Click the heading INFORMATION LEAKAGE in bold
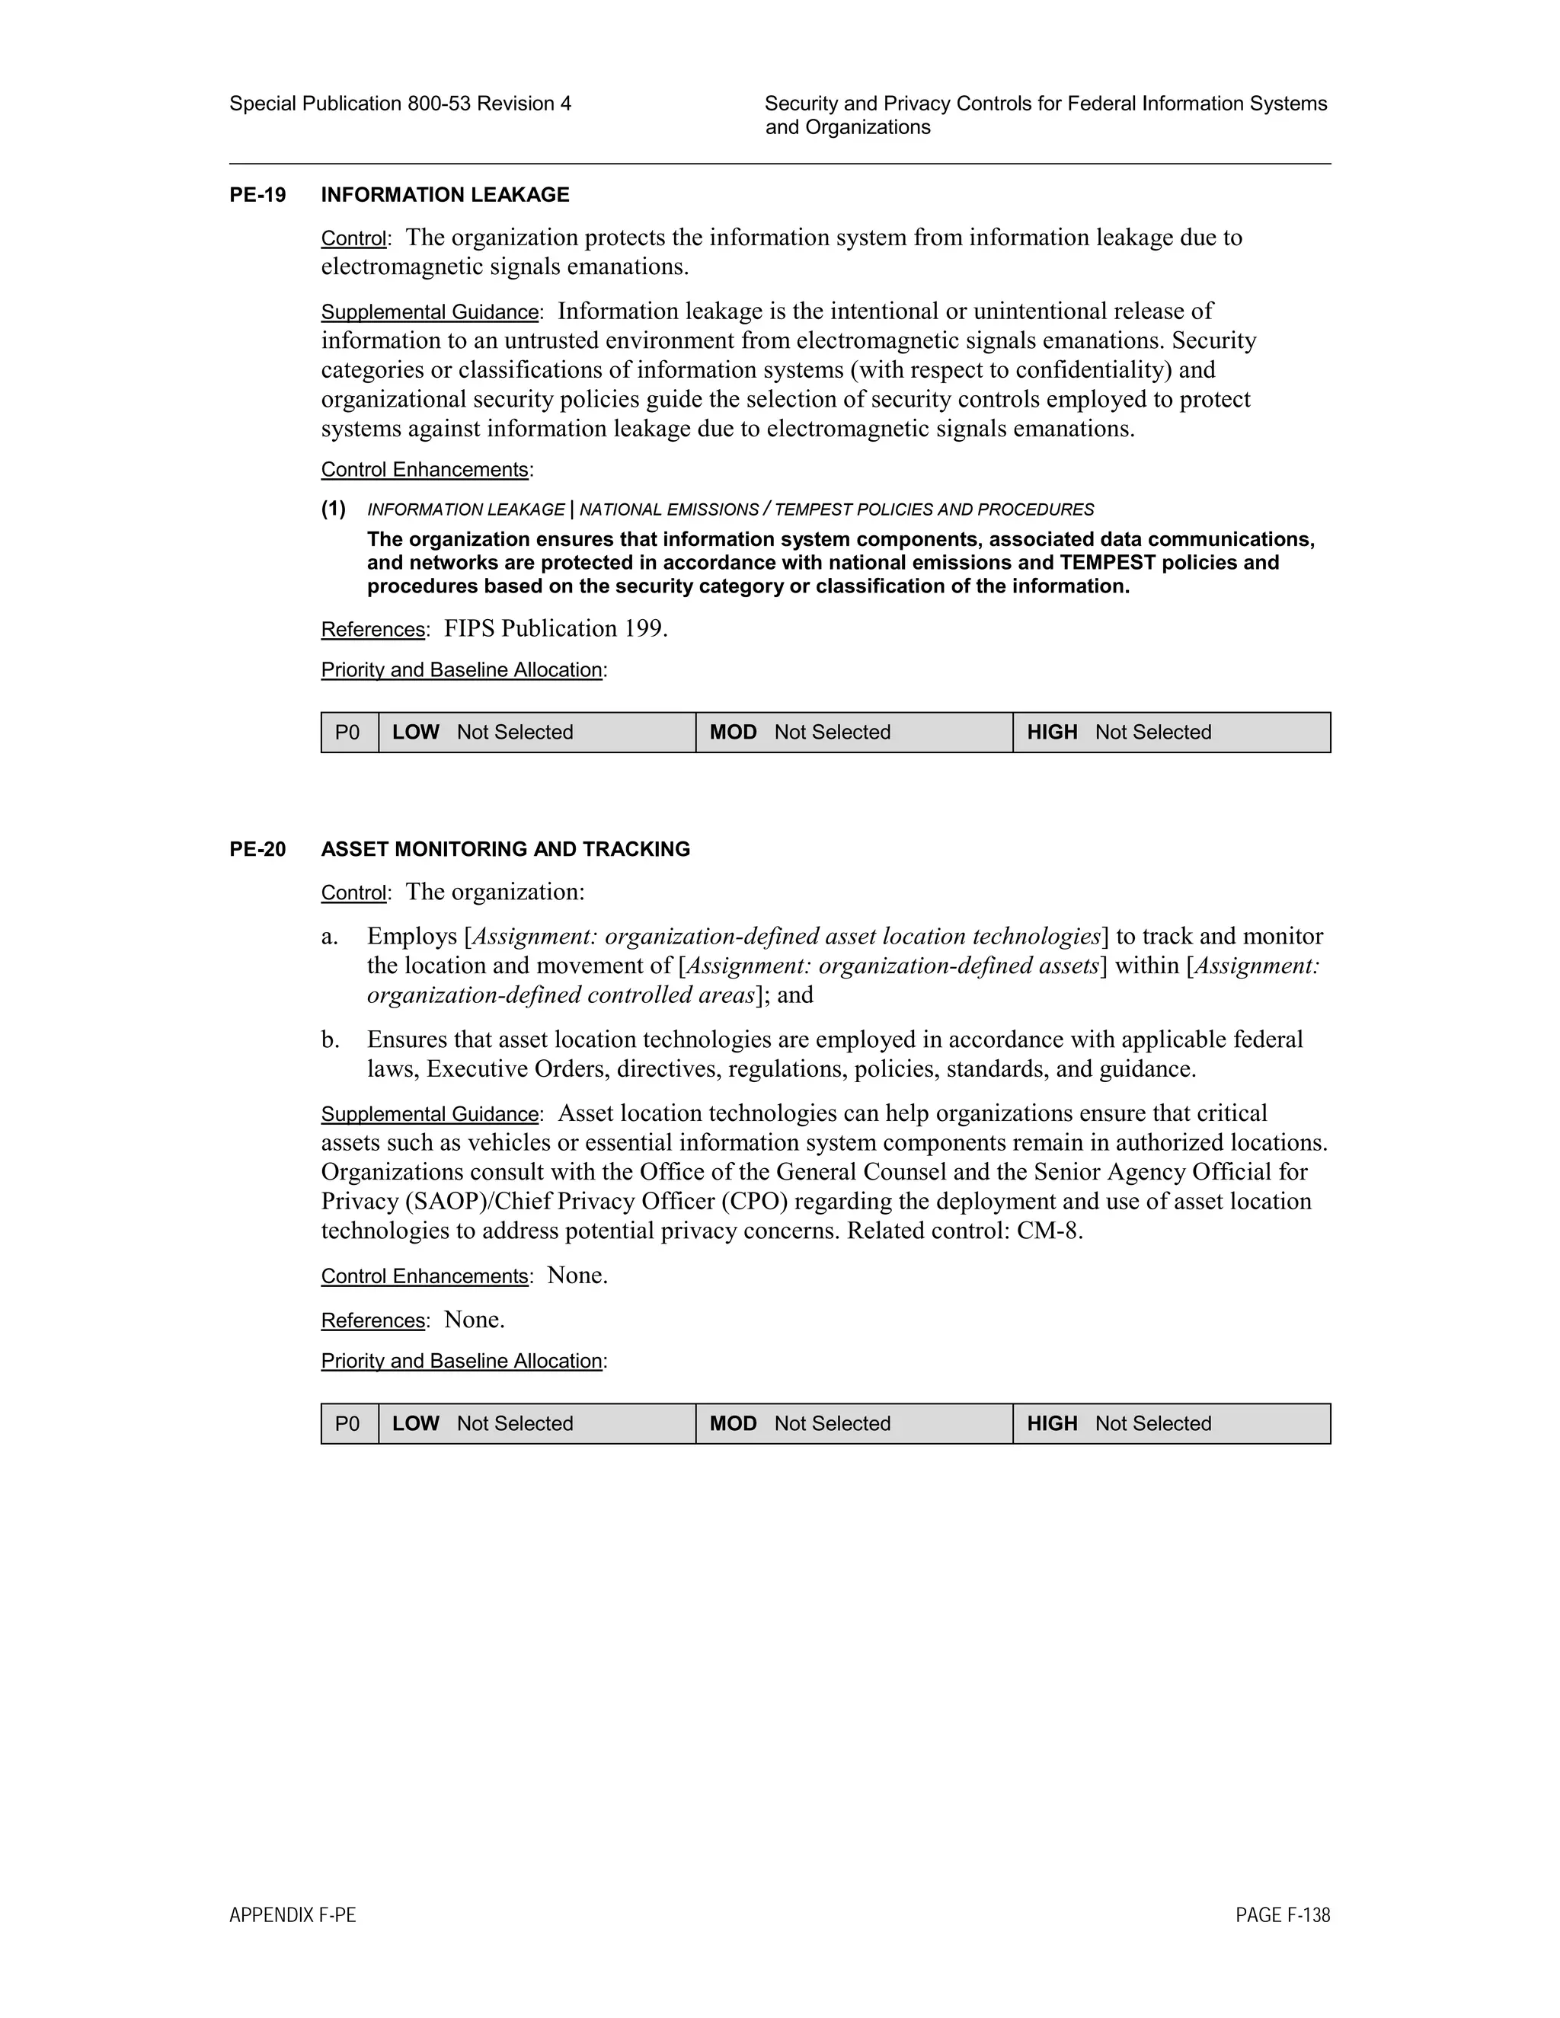[445, 195]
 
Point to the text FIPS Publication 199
[555, 628]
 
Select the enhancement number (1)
[334, 509]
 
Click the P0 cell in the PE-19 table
[347, 732]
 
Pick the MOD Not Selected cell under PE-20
[853, 1423]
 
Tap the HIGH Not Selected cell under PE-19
[1171, 732]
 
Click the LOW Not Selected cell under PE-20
[536, 1423]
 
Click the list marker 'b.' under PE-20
[330, 1039]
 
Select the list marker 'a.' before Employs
[329, 936]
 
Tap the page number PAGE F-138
[1282, 1915]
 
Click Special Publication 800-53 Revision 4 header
[399, 104]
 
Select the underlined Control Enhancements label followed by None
[424, 1276]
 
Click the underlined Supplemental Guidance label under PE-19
[430, 312]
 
